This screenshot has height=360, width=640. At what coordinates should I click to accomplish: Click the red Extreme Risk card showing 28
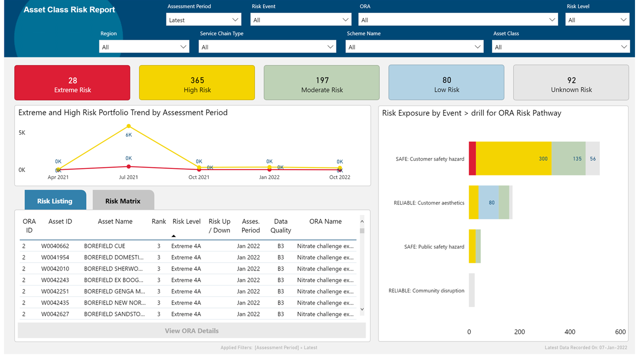[x=72, y=83]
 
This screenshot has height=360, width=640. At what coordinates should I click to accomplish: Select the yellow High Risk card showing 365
[x=197, y=83]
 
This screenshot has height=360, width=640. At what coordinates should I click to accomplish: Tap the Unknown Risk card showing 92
[x=571, y=83]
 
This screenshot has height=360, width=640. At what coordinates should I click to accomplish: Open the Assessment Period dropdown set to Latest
[x=203, y=20]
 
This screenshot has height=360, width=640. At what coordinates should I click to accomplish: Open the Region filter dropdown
[x=143, y=47]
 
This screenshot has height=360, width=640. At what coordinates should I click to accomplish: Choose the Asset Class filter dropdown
[x=560, y=47]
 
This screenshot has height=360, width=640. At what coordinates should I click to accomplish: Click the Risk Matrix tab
[x=123, y=201]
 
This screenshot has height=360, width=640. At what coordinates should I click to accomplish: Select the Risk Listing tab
[x=55, y=201]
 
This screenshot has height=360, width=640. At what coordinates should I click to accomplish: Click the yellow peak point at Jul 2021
[x=128, y=126]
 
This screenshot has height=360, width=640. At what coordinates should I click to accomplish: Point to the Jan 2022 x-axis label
[x=269, y=177]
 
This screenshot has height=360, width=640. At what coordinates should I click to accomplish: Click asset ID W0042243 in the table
[x=55, y=280]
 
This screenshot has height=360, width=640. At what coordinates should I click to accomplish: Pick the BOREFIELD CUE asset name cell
[x=104, y=246]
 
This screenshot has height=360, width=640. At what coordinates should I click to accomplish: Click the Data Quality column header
[x=280, y=226]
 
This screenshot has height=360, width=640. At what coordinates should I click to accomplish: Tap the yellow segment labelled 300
[x=513, y=158]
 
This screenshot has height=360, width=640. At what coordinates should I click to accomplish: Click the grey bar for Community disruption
[x=471, y=290]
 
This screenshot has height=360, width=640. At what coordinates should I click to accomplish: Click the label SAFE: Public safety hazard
[x=434, y=246]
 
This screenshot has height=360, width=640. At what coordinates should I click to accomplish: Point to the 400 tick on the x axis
[x=569, y=332]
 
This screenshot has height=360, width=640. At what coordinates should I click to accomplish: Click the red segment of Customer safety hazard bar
[x=472, y=158]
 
